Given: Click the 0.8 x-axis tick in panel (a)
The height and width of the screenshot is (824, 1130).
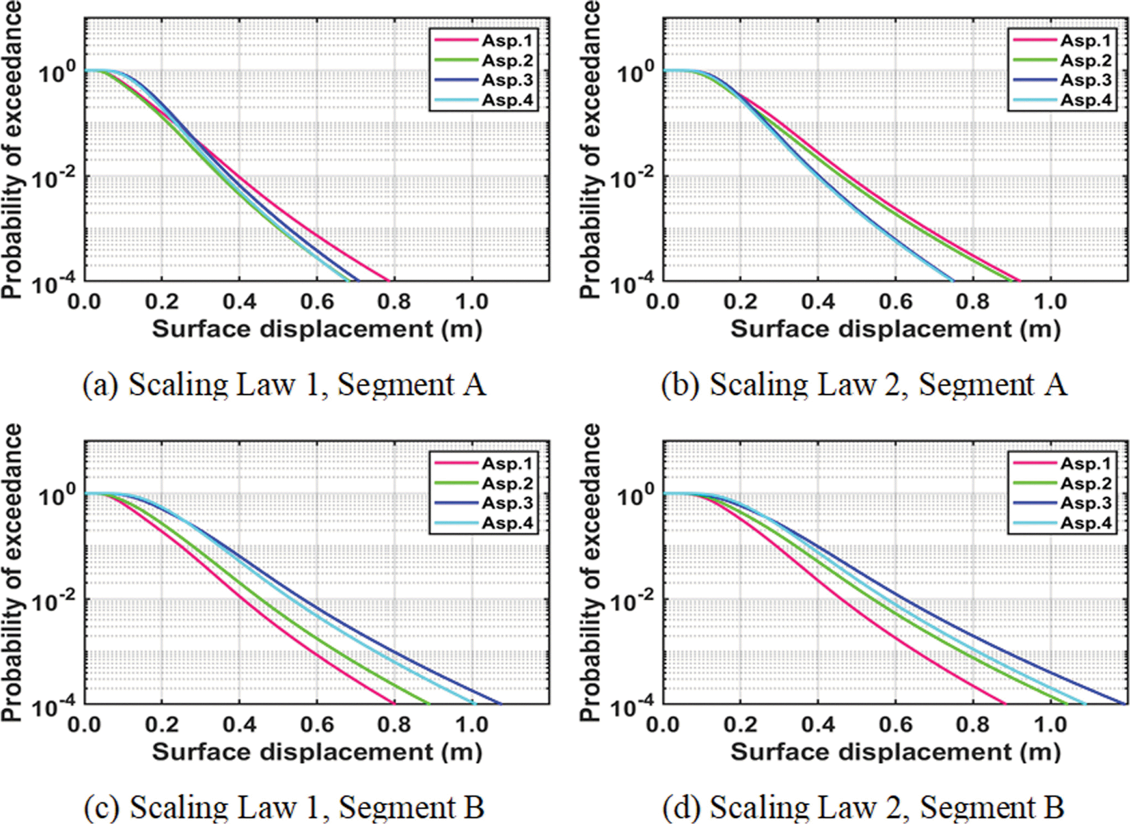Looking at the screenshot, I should pos(394,302).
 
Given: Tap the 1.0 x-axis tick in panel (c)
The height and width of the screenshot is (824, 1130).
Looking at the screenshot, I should pos(472,725).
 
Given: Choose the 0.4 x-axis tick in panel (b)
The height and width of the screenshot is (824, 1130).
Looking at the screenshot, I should pos(819,302).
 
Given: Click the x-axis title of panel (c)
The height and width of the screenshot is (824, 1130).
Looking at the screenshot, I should pos(317,752).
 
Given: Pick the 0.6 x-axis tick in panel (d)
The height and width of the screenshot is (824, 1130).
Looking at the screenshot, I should pos(896,725).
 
